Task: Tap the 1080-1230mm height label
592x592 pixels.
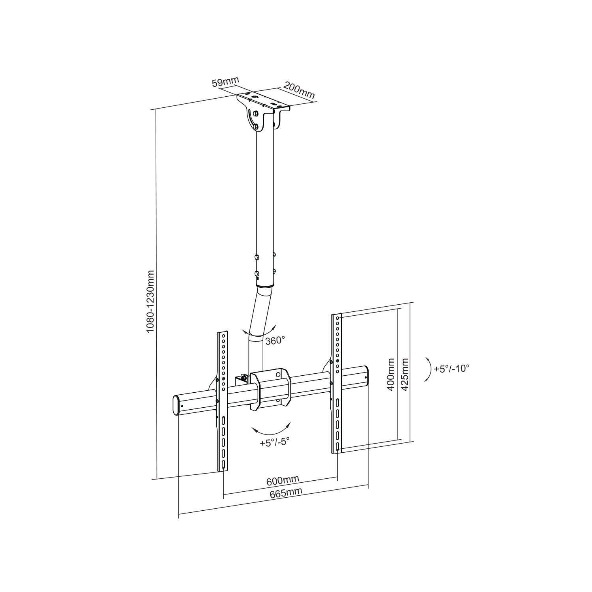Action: pos(150,302)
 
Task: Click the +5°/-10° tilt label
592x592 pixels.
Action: pos(451,369)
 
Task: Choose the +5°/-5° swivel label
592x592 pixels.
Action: pos(275,442)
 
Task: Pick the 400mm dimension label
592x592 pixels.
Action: pos(391,374)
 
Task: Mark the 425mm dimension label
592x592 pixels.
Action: pos(404,374)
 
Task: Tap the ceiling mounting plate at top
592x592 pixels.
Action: pos(263,101)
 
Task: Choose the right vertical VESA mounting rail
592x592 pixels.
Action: pos(337,383)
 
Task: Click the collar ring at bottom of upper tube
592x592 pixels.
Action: pos(265,285)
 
